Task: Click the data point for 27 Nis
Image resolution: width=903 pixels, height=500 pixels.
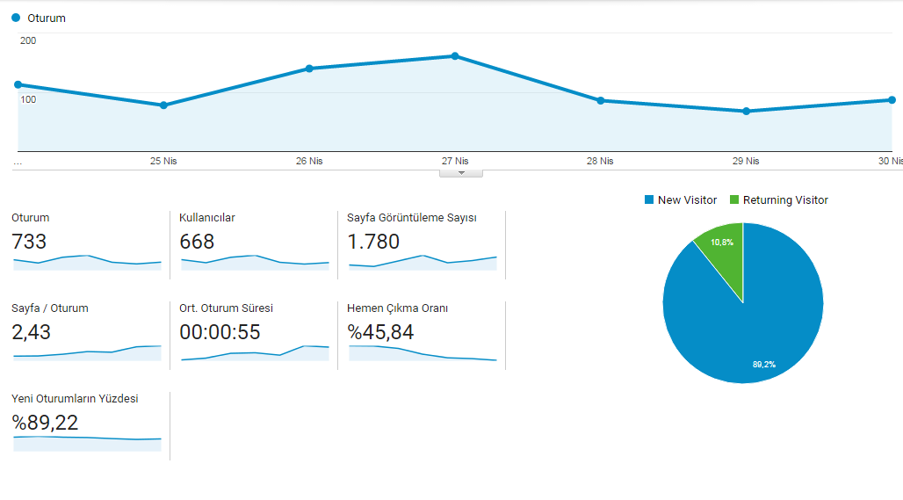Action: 455,56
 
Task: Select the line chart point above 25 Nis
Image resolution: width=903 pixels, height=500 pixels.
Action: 163,105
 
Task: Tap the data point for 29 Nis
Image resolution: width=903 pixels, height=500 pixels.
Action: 747,112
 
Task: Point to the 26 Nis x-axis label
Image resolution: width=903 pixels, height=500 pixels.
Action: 309,161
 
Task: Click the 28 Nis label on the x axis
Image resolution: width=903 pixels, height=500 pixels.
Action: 600,161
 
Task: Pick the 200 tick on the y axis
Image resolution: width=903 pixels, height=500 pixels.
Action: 28,40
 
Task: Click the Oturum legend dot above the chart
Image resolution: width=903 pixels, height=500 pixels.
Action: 16,18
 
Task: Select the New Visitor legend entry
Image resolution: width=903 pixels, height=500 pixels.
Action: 681,199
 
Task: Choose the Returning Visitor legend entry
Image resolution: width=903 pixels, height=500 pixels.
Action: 779,199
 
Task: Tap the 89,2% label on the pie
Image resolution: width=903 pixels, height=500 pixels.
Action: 764,364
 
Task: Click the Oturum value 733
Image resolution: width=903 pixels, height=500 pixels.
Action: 29,242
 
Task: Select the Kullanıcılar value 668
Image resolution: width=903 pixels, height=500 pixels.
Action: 197,242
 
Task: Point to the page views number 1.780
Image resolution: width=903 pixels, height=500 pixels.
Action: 373,242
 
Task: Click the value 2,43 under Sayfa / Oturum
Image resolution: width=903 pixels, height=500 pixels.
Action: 31,332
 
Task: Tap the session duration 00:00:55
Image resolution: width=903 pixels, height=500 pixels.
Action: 220,332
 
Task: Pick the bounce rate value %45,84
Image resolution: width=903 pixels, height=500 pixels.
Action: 380,332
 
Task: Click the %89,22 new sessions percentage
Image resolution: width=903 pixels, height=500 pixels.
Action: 45,423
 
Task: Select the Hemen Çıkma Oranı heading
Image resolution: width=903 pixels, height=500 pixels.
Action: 397,308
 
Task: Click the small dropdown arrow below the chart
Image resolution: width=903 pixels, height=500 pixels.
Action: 460,173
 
